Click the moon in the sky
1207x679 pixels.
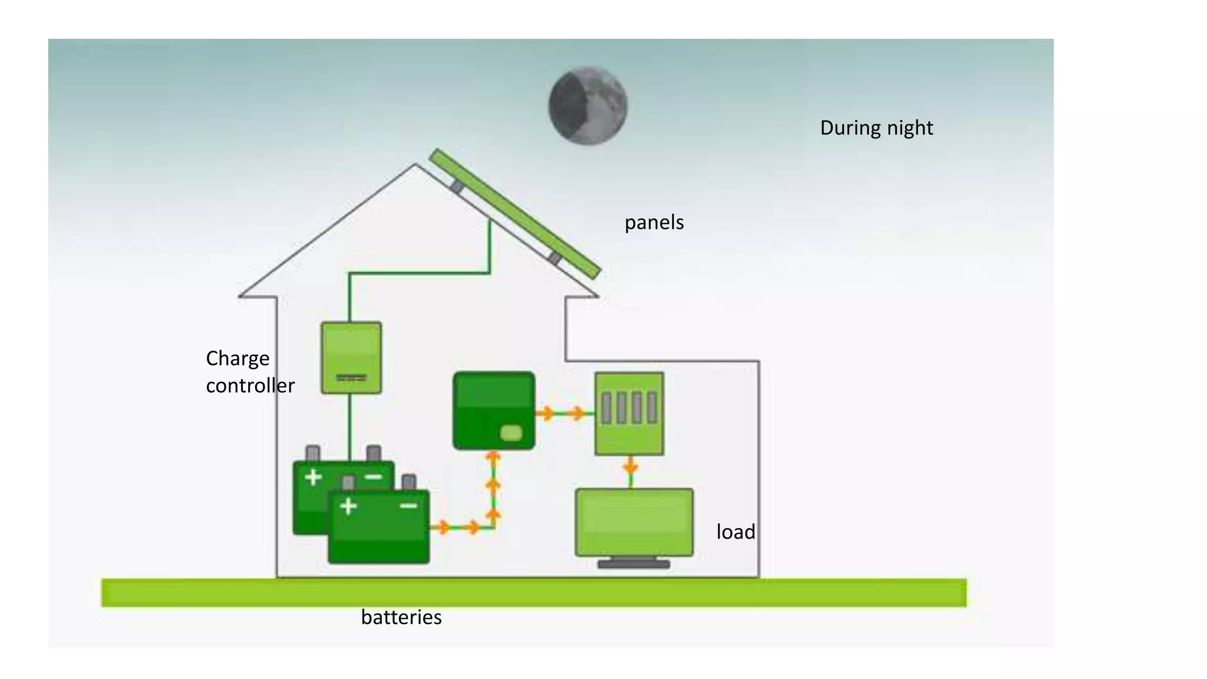pyautogui.click(x=588, y=106)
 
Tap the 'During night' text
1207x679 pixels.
pyautogui.click(x=876, y=128)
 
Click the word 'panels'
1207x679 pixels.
pyautogui.click(x=654, y=223)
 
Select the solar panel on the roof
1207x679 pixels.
pyautogui.click(x=515, y=213)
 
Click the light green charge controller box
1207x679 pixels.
pyautogui.click(x=351, y=357)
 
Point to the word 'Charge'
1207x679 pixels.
pyautogui.click(x=238, y=358)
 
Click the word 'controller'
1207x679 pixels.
pyautogui.click(x=250, y=385)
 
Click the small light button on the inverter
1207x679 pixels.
pyautogui.click(x=510, y=433)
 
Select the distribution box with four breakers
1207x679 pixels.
pyautogui.click(x=629, y=413)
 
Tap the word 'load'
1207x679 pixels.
pyautogui.click(x=736, y=532)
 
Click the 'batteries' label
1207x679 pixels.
pyautogui.click(x=401, y=617)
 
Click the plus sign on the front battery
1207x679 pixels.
pyautogui.click(x=348, y=506)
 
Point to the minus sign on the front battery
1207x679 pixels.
pyautogui.click(x=408, y=506)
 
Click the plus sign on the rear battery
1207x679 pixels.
pyautogui.click(x=313, y=476)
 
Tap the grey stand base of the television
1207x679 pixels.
pyautogui.click(x=634, y=564)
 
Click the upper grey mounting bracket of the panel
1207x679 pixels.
pyautogui.click(x=457, y=187)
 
